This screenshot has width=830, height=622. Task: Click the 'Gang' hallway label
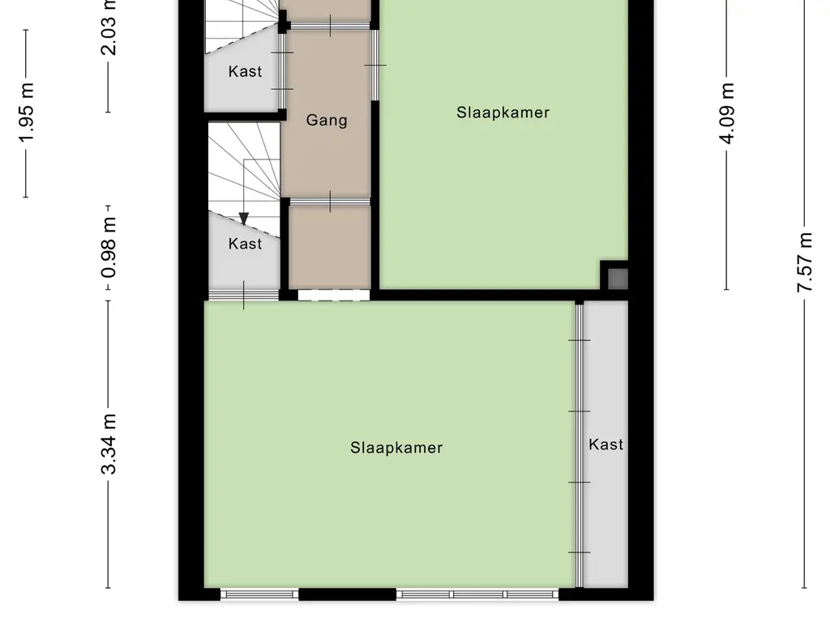point(327,121)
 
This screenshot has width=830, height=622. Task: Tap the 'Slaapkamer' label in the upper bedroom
point(503,113)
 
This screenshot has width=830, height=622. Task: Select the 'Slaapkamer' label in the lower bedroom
point(396,447)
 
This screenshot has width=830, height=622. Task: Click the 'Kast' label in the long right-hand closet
point(605,444)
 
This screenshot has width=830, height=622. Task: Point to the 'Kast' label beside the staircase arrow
point(245,243)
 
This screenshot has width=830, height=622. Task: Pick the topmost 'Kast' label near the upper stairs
point(245,71)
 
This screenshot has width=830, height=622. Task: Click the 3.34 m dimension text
point(110,444)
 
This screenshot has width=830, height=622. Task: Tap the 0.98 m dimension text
point(110,246)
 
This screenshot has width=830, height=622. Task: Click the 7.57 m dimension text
point(805,263)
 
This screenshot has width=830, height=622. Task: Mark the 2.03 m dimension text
point(110,28)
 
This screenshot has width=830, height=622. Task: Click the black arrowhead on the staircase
point(244,218)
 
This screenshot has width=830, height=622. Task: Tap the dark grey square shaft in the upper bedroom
point(618,279)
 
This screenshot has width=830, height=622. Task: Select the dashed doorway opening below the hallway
point(333,296)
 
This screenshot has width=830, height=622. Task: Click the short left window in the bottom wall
point(259,594)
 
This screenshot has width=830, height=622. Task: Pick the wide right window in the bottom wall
point(477,594)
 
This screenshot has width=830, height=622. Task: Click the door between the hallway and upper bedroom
point(374,65)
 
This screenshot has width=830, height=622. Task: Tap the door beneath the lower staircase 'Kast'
point(244,294)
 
